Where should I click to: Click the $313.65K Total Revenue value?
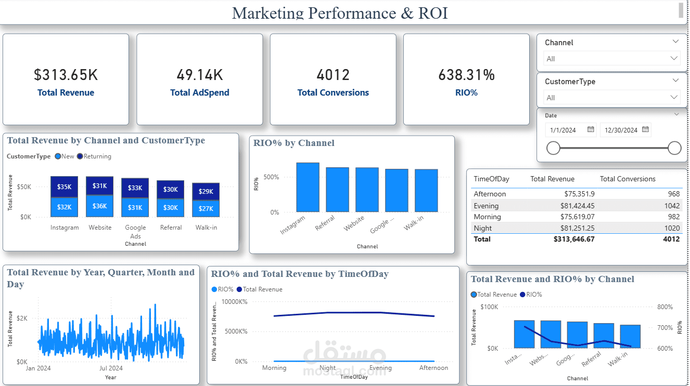(x=66, y=75)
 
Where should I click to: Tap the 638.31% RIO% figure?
(x=466, y=75)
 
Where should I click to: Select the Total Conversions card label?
(x=333, y=92)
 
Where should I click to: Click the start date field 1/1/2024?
(x=565, y=130)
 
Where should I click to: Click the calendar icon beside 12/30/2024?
(x=645, y=130)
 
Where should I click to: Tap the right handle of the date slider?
(x=674, y=149)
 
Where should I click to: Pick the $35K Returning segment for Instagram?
(x=64, y=187)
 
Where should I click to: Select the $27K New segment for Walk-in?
(x=206, y=209)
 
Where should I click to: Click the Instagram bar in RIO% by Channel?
(x=308, y=187)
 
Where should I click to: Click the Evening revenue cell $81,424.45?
(x=573, y=205)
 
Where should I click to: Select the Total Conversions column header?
(x=627, y=179)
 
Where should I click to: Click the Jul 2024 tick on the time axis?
(x=110, y=368)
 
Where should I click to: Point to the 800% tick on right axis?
(x=665, y=307)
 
